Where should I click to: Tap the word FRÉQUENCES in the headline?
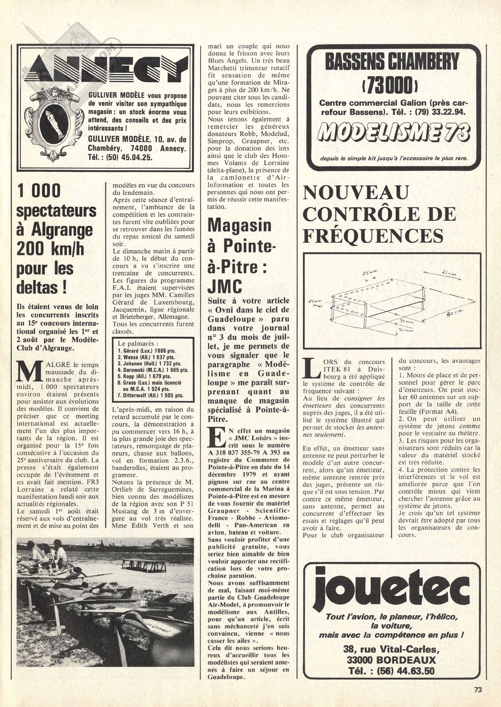[374, 236]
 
